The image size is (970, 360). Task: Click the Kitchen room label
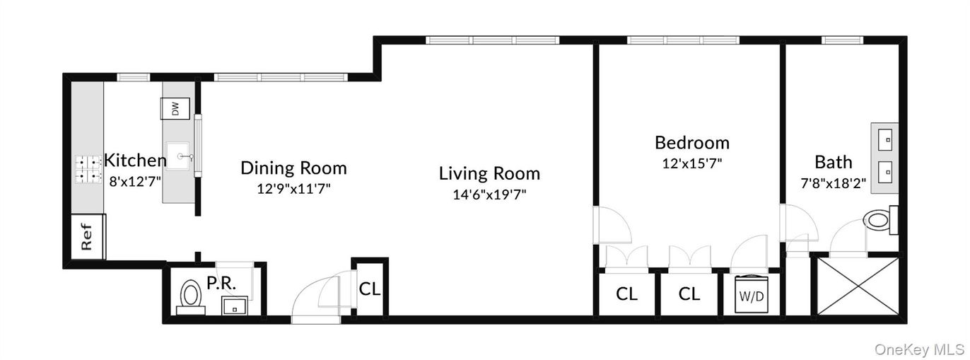coord(135,159)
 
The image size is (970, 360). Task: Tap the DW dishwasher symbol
coord(175,109)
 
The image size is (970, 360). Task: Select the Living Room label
coord(489,173)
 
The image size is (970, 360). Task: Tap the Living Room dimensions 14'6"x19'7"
coord(489,194)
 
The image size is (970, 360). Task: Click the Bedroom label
coord(691,143)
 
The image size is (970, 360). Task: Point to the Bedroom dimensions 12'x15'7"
coord(691,163)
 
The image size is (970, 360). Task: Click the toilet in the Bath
coord(879,220)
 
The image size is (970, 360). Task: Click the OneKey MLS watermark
coord(918,349)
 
